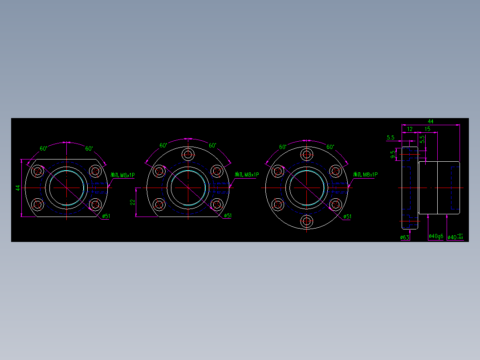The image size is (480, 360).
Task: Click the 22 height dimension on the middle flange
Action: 132,202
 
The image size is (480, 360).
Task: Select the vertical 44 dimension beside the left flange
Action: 18,188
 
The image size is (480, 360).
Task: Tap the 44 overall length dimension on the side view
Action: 431,121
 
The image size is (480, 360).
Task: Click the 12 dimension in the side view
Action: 410,129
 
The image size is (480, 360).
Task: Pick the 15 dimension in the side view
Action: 427,129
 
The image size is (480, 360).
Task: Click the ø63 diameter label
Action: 405,237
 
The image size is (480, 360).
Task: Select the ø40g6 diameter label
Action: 435,237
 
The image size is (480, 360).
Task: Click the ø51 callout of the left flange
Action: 106,216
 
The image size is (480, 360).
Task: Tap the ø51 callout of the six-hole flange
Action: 347,217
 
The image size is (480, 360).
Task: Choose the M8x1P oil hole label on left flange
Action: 122,175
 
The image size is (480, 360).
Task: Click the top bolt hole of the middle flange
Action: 188,155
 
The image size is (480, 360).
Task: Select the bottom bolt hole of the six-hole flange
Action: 306,221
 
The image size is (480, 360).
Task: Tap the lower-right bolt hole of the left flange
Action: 95,205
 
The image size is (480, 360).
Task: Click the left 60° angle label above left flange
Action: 43,148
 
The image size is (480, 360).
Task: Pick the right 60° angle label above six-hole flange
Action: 330,147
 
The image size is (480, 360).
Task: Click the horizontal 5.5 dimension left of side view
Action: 391,137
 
